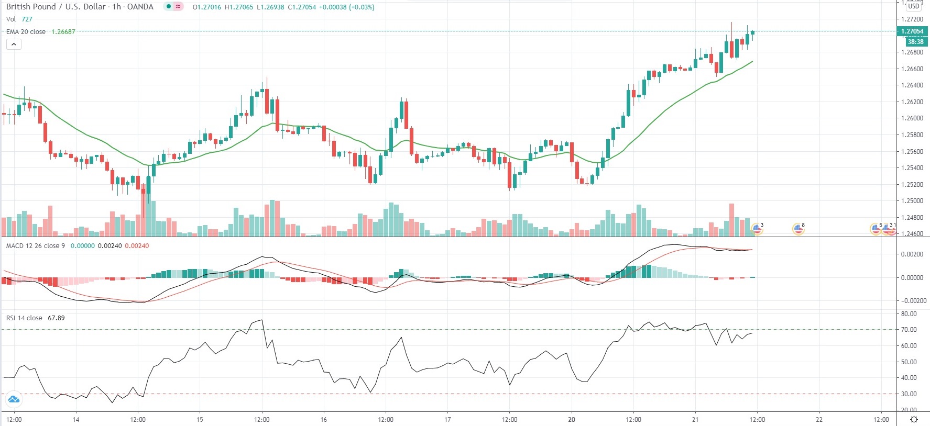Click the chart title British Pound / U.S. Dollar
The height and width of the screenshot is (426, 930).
57,7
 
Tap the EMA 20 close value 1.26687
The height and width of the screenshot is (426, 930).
63,32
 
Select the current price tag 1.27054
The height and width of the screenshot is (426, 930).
912,31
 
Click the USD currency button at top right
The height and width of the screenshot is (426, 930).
914,6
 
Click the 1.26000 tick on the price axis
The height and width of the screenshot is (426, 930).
912,118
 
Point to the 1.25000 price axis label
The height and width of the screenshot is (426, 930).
912,201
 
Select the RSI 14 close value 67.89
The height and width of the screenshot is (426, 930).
56,318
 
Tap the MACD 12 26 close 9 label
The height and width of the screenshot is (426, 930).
36,246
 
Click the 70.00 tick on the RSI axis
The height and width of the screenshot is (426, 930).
909,330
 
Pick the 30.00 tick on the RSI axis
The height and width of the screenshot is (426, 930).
909,394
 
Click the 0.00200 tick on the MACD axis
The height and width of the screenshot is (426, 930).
912,254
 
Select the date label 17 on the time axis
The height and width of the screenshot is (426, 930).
447,420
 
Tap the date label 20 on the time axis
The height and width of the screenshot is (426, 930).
571,420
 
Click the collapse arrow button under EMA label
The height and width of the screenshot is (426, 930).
14,44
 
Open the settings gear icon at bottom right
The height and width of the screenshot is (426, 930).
914,420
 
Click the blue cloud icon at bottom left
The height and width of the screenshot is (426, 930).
14,400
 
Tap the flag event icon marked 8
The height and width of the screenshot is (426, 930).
798,229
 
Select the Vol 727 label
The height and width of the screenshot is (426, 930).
19,19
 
